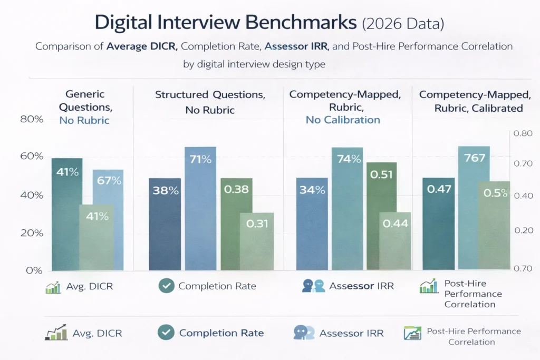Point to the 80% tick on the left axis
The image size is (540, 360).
[31, 120]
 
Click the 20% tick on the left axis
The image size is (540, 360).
[31, 233]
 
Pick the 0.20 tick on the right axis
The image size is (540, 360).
[523, 230]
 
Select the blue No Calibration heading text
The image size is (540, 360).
[343, 120]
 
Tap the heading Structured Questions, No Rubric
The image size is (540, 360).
[209, 102]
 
